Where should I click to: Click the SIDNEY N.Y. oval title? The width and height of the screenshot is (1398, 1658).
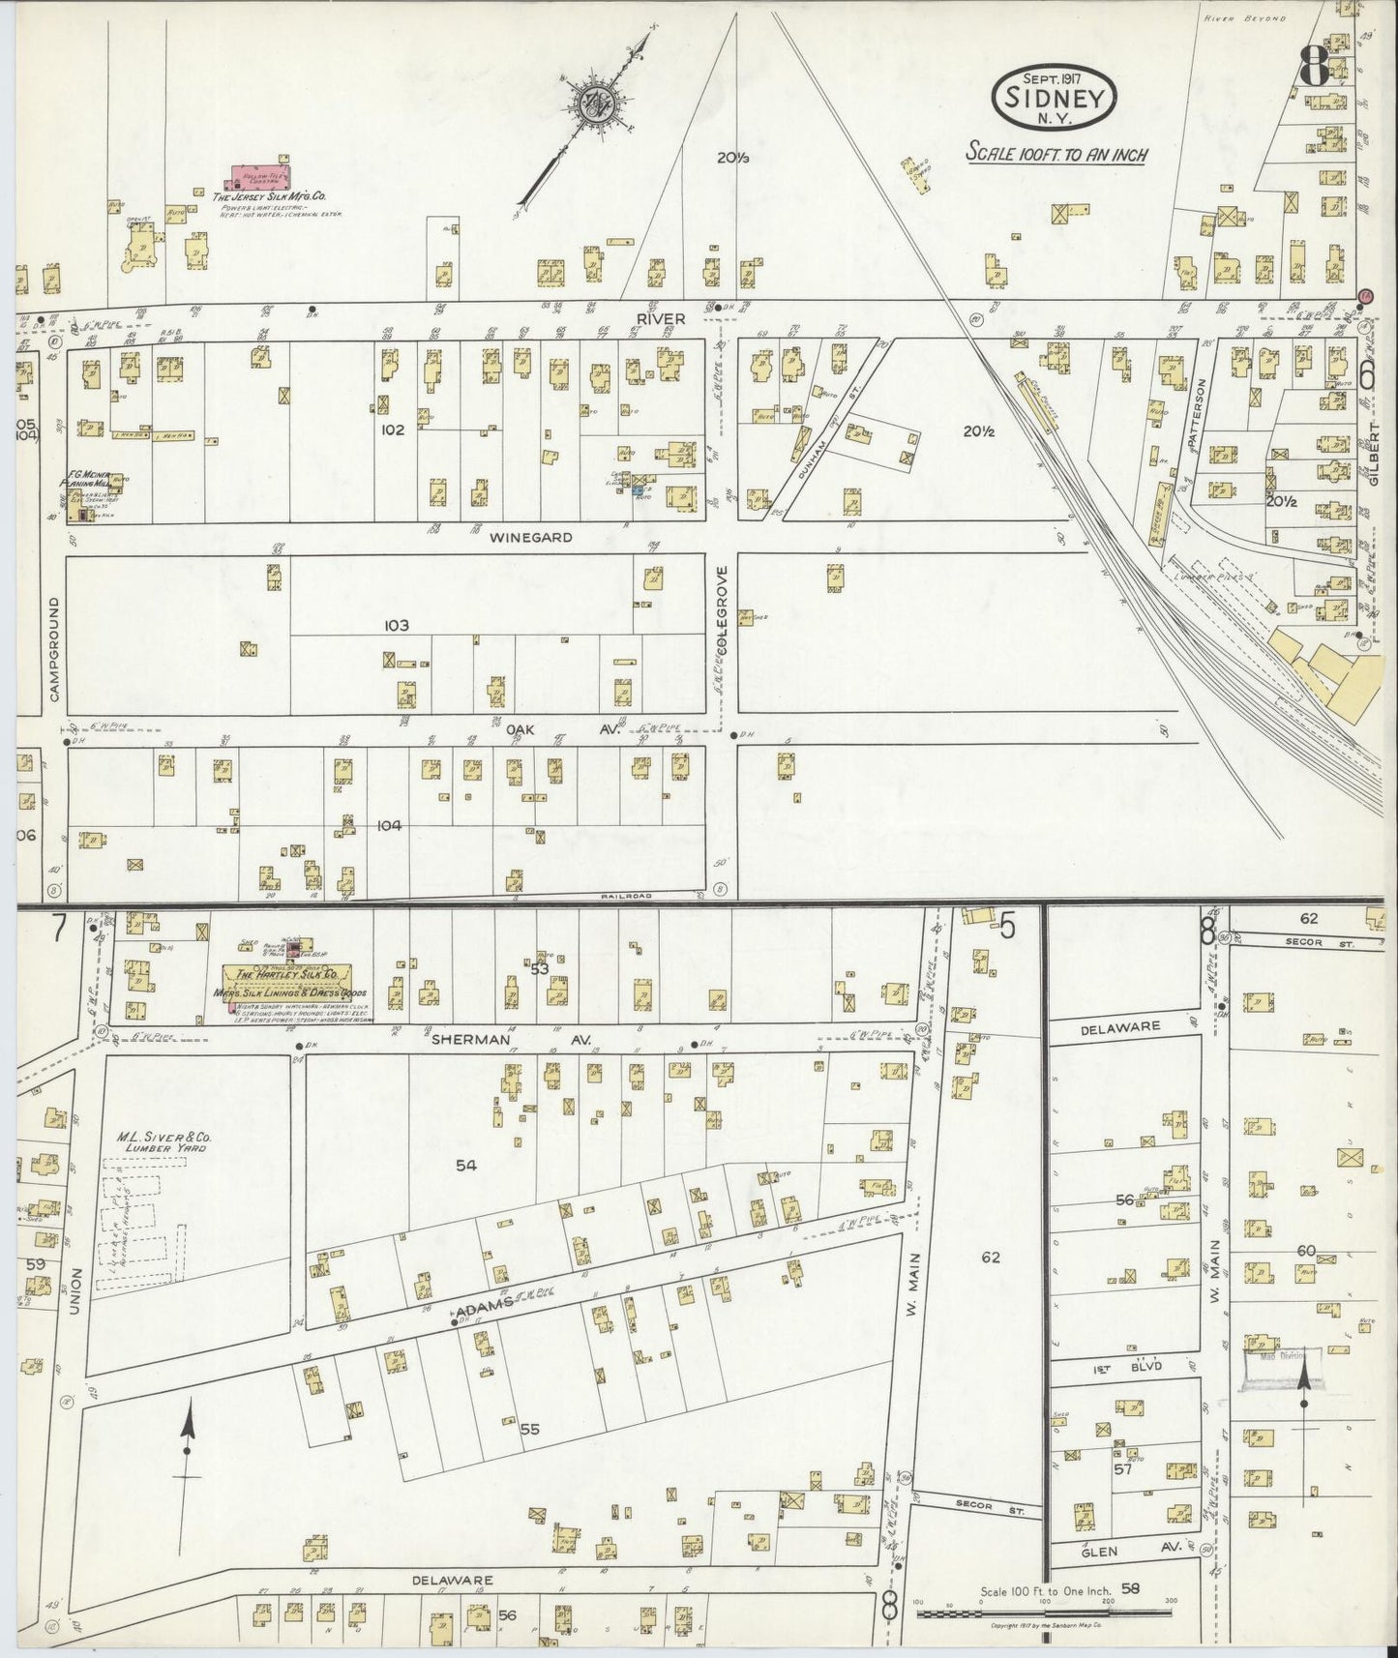(x=1055, y=97)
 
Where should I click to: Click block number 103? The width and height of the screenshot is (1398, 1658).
(x=396, y=626)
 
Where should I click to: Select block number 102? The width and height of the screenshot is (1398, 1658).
(x=392, y=429)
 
